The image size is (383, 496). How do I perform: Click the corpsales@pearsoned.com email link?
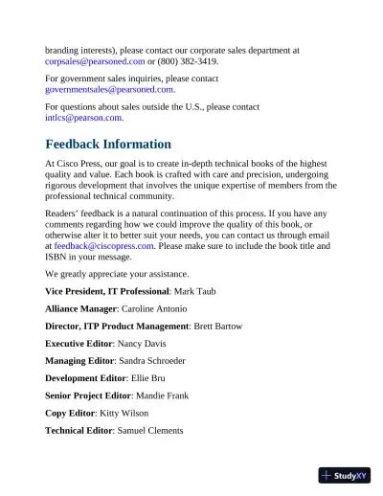click(x=95, y=61)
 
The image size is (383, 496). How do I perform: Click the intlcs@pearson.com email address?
click(x=83, y=118)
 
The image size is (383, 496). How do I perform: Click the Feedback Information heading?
click(x=108, y=145)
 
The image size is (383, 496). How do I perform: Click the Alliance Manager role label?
click(x=80, y=308)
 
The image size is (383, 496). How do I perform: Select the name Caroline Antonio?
click(x=154, y=308)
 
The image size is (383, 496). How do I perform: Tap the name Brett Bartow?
click(x=217, y=327)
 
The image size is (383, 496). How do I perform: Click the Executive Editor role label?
click(x=79, y=344)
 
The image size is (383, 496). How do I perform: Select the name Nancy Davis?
click(x=142, y=344)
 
